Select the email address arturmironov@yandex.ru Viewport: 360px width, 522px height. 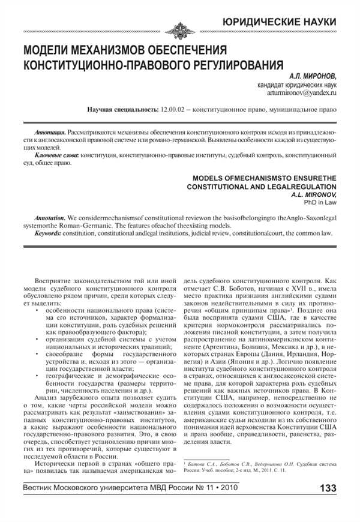tap(301, 94)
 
